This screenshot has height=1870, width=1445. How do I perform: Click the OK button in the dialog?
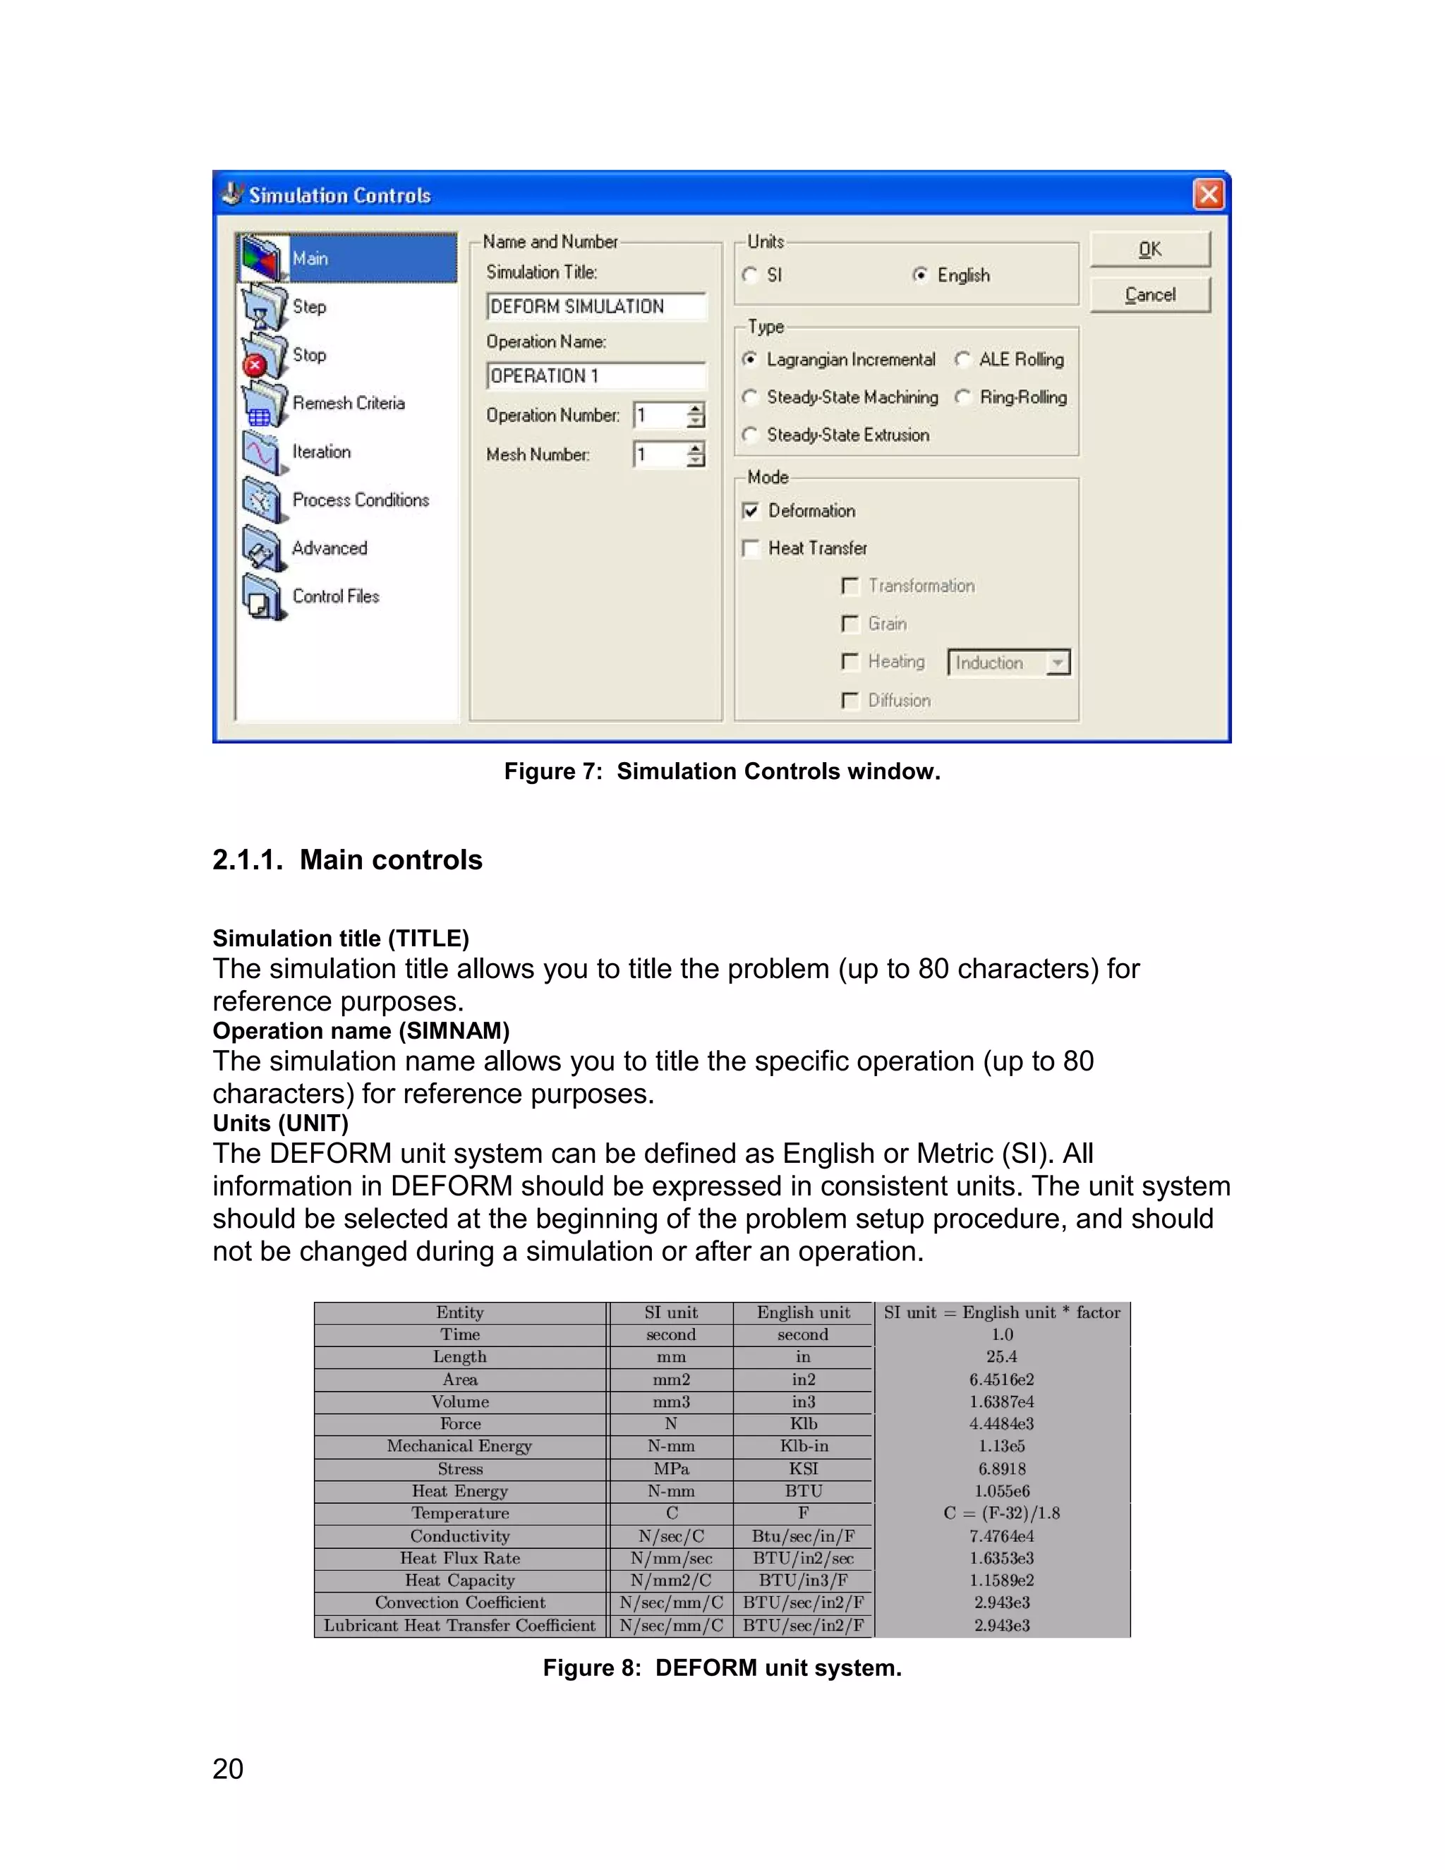tap(1149, 249)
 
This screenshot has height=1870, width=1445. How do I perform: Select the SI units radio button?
tap(751, 275)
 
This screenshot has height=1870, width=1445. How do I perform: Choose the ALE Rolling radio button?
tap(963, 360)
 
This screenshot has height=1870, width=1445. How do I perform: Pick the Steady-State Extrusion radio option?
tap(751, 435)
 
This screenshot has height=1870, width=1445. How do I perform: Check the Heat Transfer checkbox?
tap(751, 548)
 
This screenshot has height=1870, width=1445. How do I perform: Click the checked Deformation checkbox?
tap(751, 511)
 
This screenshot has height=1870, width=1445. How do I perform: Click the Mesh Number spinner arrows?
tap(696, 454)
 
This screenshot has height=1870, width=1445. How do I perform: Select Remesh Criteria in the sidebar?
tap(349, 403)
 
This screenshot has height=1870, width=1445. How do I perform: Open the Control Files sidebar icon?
tap(262, 597)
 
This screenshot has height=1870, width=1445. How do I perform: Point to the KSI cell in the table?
tap(803, 1468)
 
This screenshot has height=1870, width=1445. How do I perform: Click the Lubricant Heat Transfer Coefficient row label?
tap(460, 1625)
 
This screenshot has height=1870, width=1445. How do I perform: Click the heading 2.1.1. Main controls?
tap(348, 859)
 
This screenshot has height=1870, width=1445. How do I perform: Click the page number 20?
tap(228, 1769)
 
